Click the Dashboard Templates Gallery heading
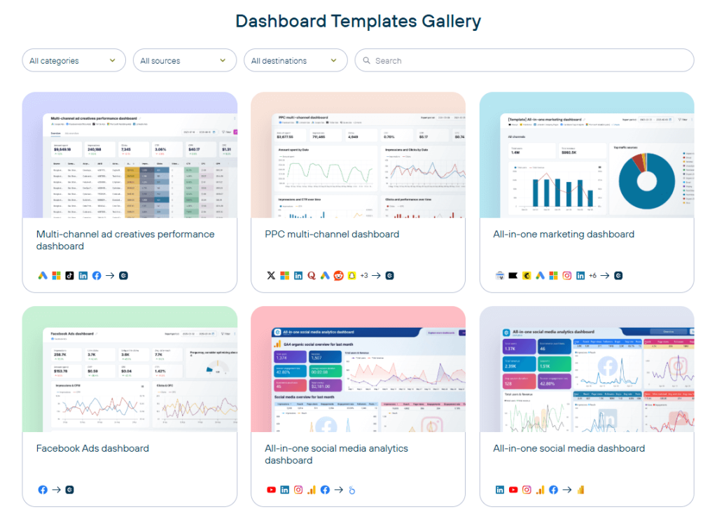358,21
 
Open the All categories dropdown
74,61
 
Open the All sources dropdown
184,61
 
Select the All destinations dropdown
295,61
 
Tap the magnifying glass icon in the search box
366,61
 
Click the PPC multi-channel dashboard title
332,235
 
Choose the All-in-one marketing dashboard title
564,235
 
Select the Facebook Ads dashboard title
92,449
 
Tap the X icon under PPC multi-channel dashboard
271,276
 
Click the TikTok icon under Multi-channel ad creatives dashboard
69,276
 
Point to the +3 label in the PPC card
364,276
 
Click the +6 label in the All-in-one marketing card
592,276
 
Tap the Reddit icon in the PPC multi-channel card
338,276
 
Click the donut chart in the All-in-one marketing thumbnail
646,181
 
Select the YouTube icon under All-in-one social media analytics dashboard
271,490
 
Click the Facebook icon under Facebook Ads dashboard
43,490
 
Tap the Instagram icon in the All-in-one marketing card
567,276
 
